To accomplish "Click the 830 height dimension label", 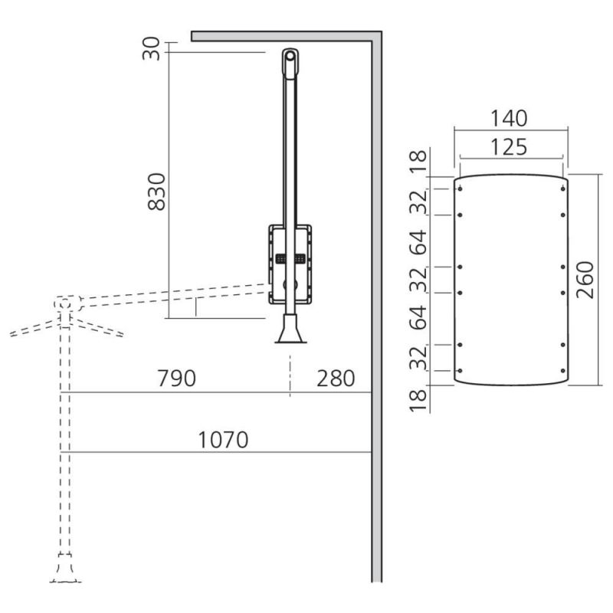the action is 157,192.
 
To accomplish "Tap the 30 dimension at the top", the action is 151,48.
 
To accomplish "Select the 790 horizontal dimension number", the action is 176,378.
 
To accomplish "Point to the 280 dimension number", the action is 336,378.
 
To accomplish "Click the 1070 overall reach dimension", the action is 223,439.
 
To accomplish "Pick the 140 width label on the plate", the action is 509,118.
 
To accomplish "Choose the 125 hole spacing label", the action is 509,147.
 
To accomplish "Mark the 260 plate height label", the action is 585,280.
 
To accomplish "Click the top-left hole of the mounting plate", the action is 461,188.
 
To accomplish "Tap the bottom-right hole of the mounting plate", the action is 563,371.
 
